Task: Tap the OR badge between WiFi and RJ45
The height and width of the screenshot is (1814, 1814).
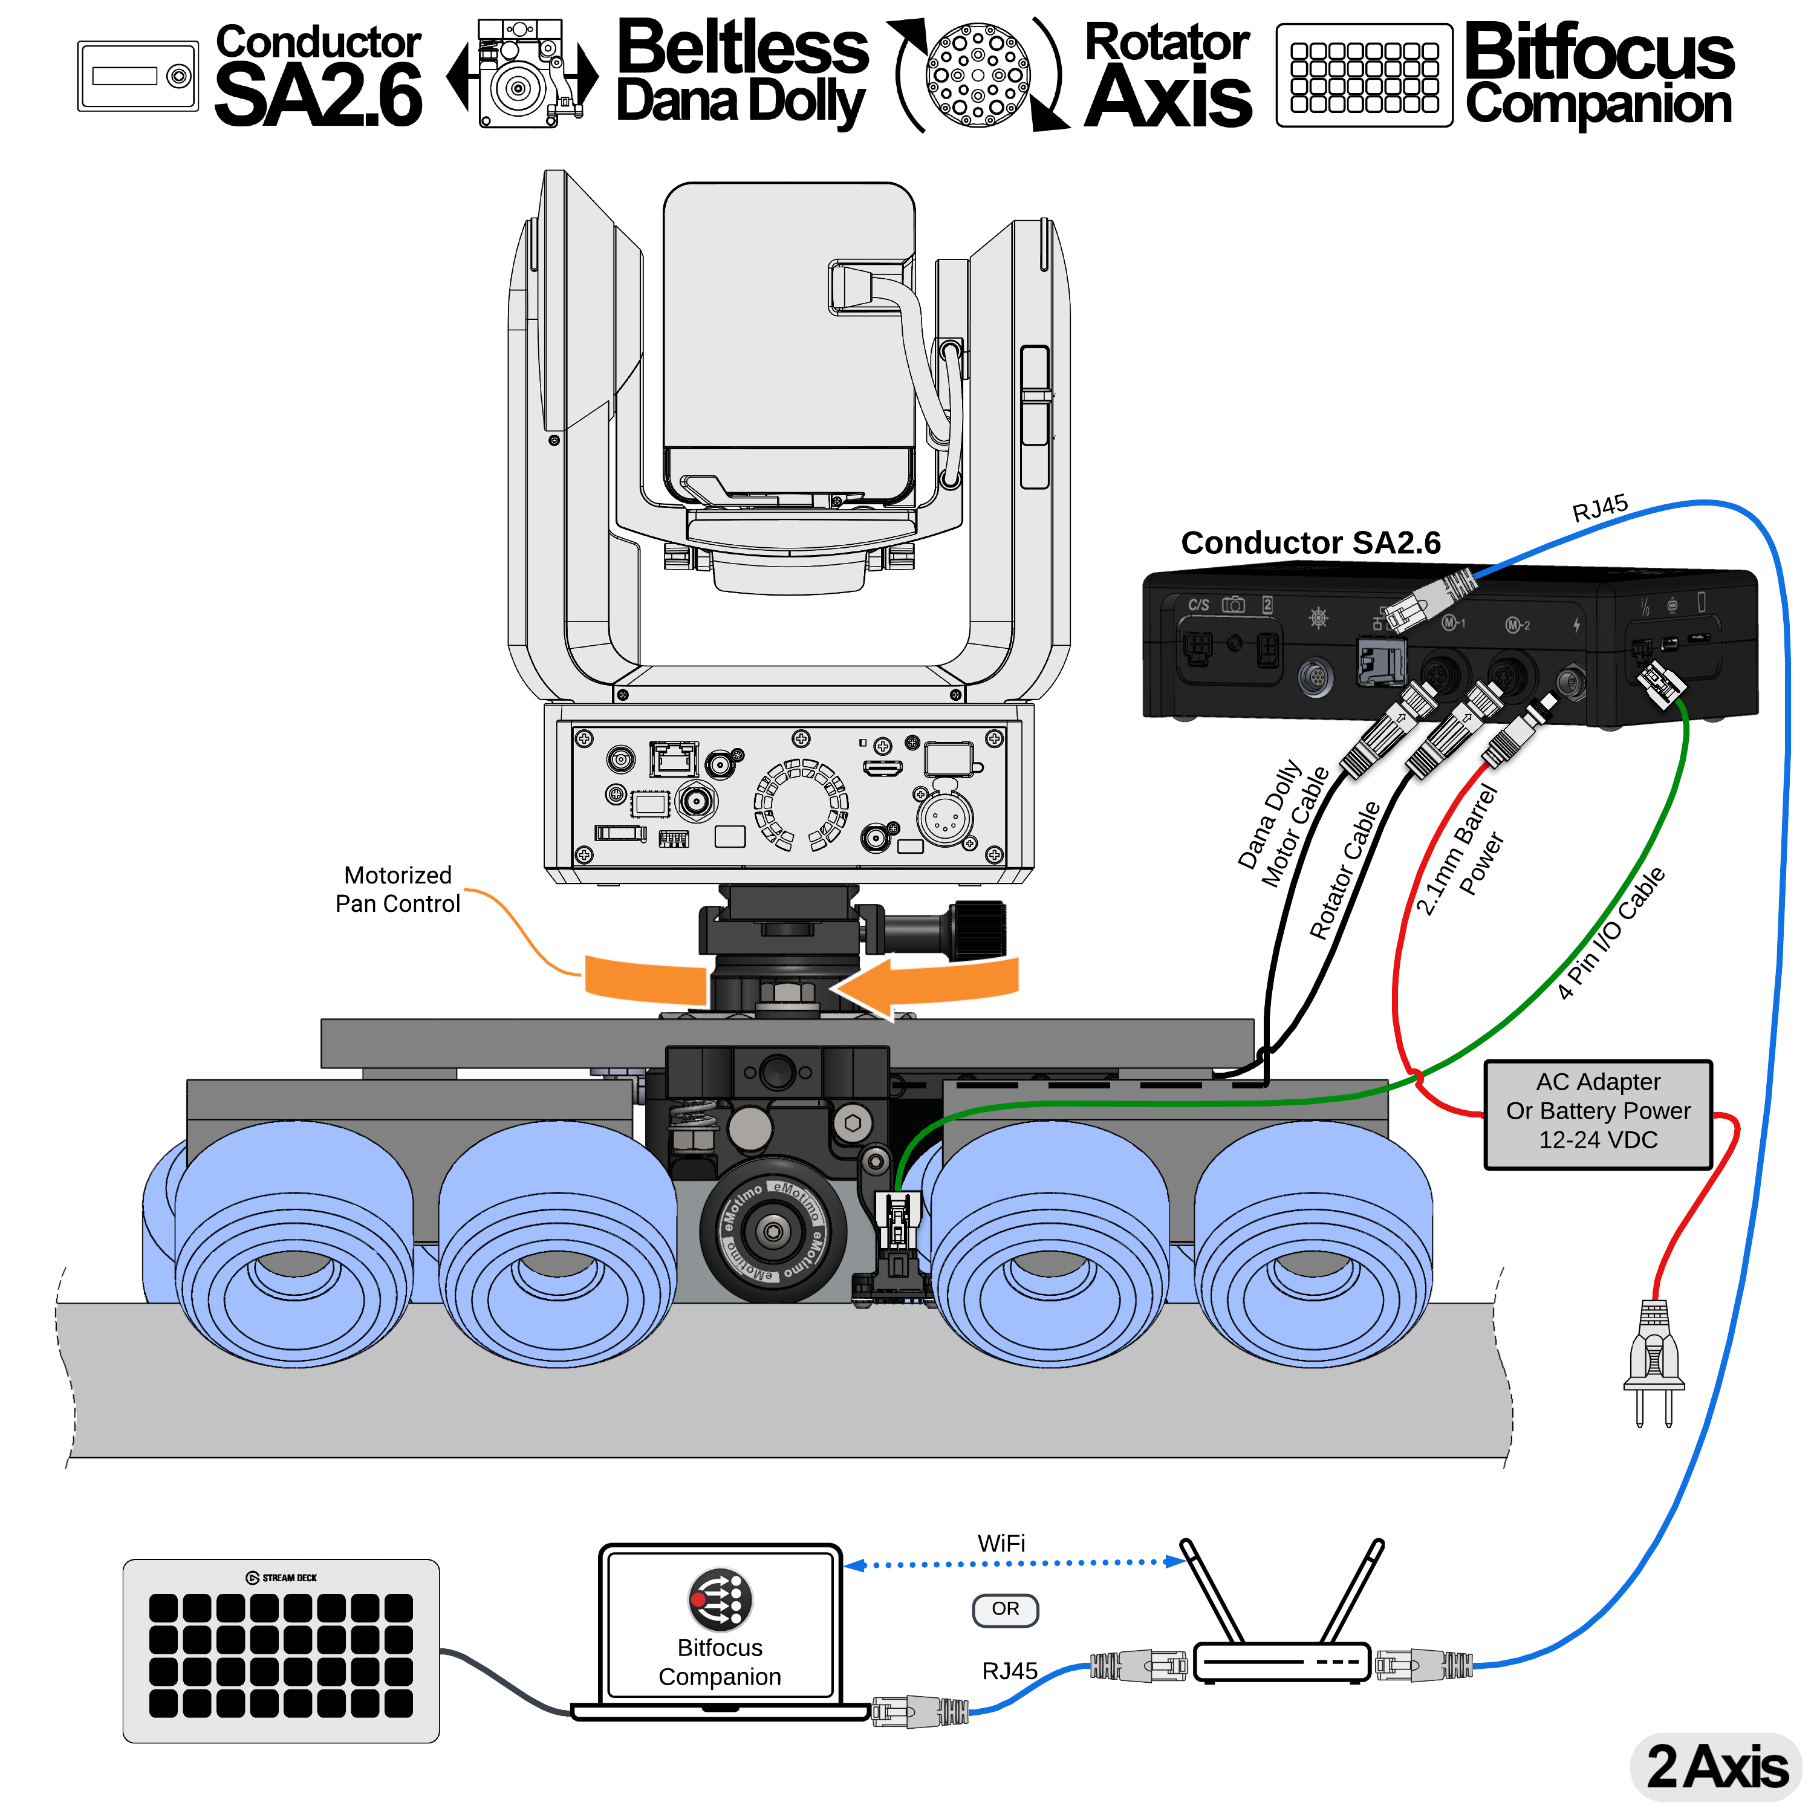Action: [1004, 1608]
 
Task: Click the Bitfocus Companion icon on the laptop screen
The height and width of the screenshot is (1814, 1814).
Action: [720, 1599]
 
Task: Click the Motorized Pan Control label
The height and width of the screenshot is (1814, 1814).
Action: [397, 889]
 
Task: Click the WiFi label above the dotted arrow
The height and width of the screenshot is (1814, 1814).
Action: [1001, 1543]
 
